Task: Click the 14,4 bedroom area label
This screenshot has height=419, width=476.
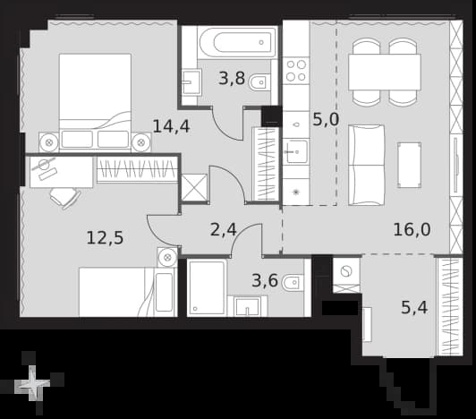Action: (x=171, y=126)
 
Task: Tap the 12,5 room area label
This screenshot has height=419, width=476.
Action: (x=105, y=237)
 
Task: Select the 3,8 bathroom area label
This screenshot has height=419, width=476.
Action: (x=232, y=79)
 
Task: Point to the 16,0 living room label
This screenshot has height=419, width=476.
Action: (x=412, y=229)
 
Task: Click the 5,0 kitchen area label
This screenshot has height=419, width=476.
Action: (x=326, y=119)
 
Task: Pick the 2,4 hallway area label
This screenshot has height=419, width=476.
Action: (x=223, y=230)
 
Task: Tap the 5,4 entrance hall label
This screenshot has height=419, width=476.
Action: (x=414, y=307)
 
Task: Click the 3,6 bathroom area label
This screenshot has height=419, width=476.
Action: (x=265, y=280)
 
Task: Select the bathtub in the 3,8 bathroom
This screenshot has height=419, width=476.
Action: (x=237, y=43)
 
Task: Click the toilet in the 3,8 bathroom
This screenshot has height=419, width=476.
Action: (x=259, y=81)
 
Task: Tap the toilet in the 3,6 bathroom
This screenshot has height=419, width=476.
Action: (x=293, y=283)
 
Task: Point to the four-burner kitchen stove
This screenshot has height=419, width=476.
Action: (x=296, y=70)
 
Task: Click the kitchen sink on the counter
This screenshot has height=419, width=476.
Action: (x=295, y=151)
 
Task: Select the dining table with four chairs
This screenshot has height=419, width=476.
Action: (x=385, y=72)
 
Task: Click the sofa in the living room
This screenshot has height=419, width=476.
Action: (x=367, y=165)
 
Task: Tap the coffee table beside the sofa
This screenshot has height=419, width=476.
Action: (x=409, y=165)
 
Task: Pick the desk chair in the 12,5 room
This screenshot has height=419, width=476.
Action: (x=65, y=198)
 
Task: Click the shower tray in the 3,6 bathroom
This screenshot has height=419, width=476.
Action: (x=208, y=287)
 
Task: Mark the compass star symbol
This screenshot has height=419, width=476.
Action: (x=33, y=383)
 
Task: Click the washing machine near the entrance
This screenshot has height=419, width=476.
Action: (x=346, y=271)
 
